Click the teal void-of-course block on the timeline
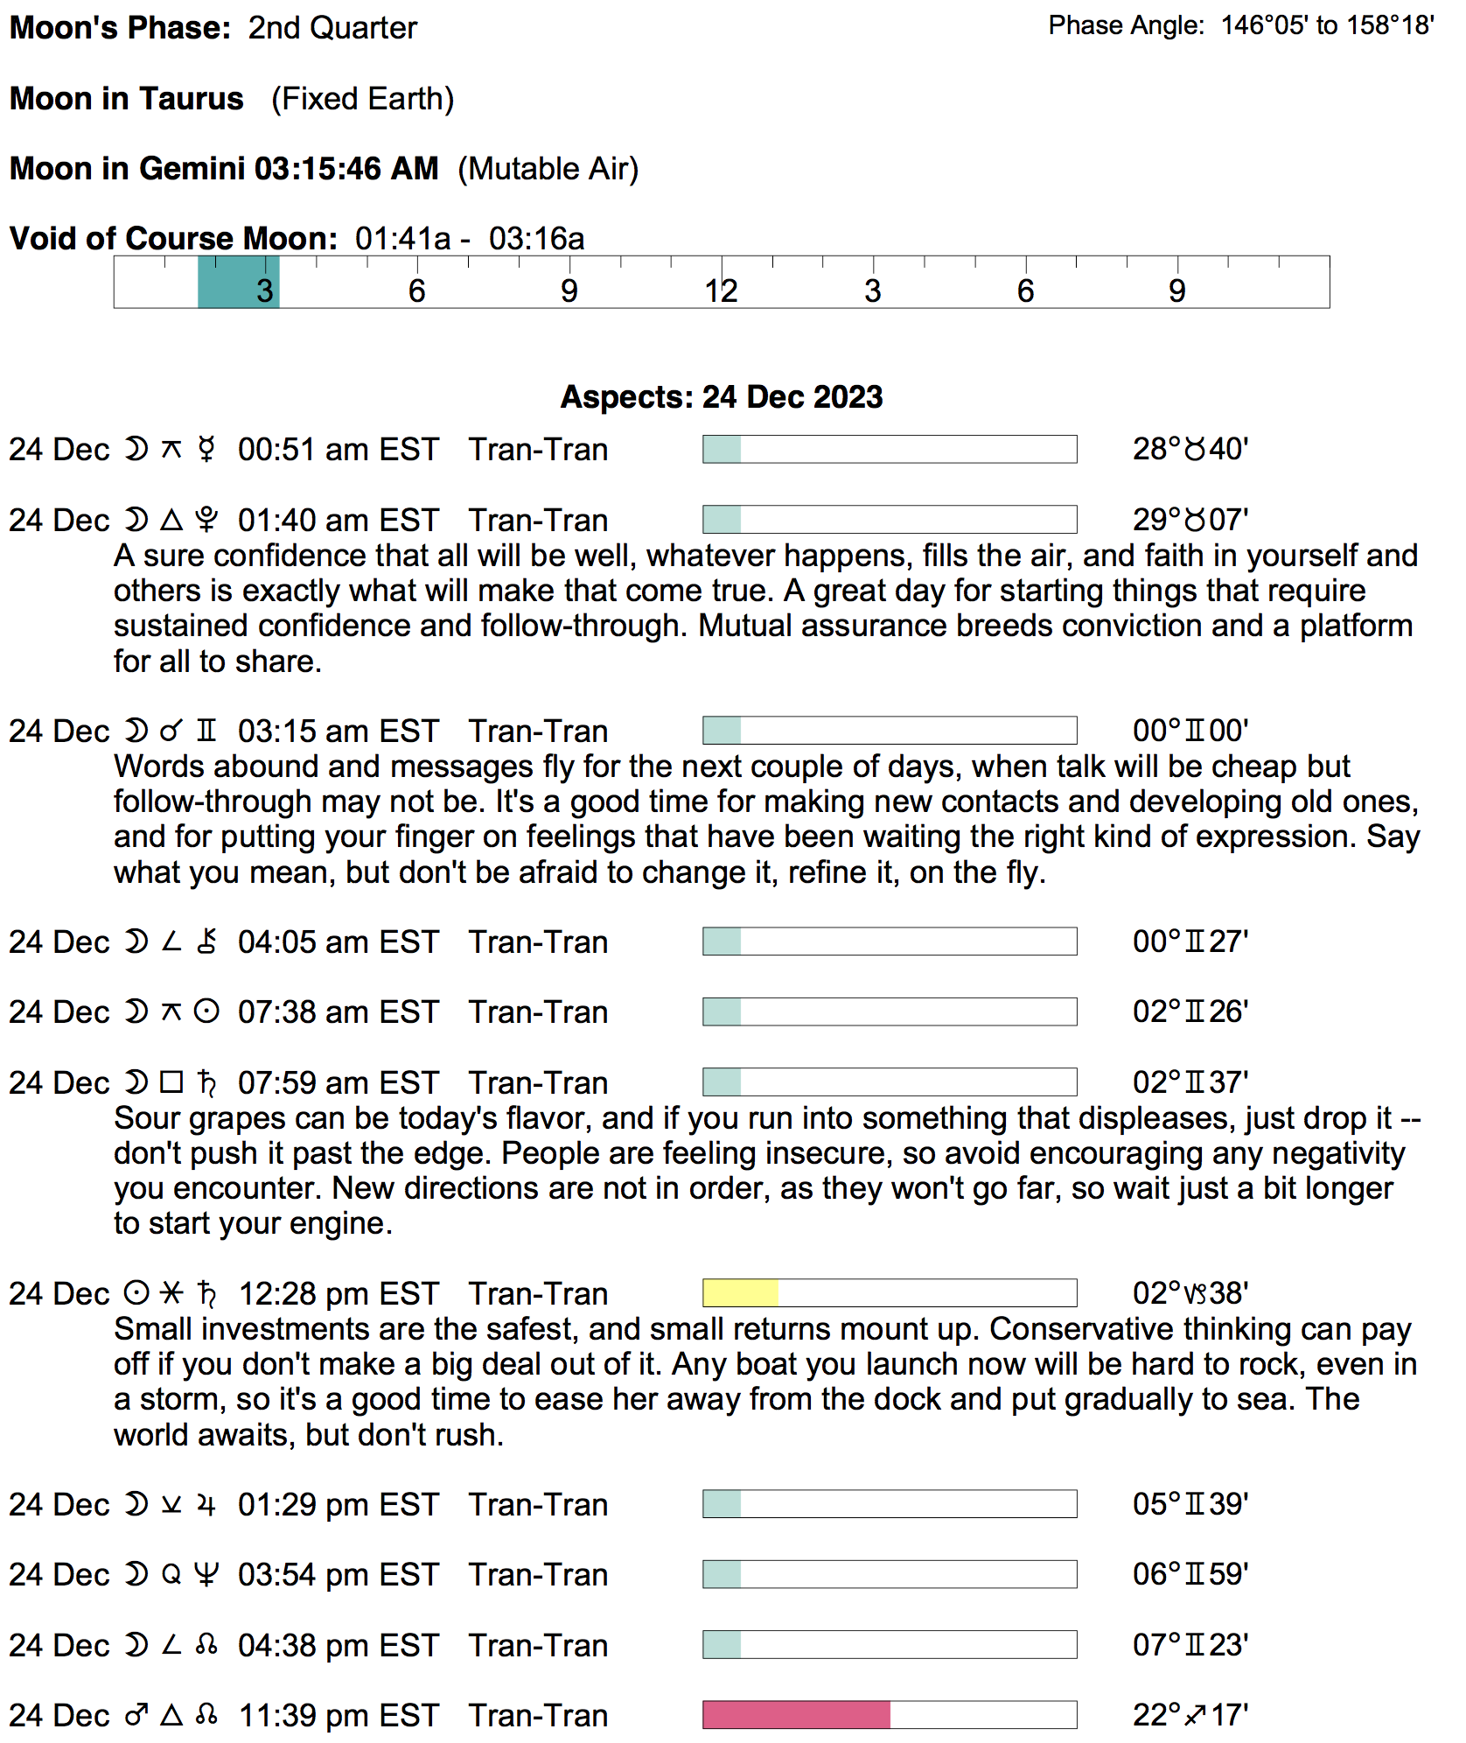pos(238,282)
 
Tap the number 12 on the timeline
pos(722,290)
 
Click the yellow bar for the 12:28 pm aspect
pos(740,1292)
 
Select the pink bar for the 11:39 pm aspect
pos(796,1714)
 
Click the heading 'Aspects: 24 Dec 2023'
pos(722,396)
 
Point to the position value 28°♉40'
pos(1190,449)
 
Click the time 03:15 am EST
pos(338,731)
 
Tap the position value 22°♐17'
pos(1190,1714)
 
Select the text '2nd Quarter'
pos(332,28)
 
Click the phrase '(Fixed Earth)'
pos(362,99)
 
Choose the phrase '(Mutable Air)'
pos(548,168)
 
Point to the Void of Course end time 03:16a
pos(536,238)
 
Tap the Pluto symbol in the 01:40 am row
pos(206,520)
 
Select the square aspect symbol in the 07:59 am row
pos(171,1082)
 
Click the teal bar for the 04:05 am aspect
pos(723,941)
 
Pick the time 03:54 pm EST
pos(338,1574)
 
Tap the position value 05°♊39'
pos(1190,1504)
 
